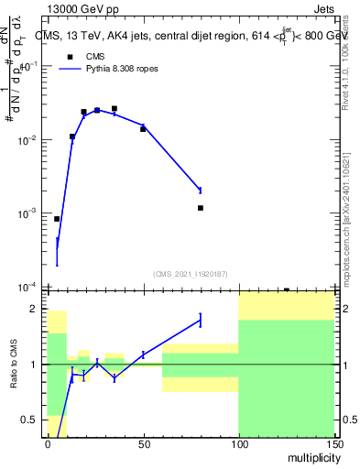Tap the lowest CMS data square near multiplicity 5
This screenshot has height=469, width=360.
pos(57,219)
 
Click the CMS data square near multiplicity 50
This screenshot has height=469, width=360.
pos(143,129)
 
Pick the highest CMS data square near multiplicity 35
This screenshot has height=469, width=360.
pos(115,108)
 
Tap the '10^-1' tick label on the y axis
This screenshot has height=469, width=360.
pos(29,67)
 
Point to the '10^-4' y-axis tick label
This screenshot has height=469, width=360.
pos(29,287)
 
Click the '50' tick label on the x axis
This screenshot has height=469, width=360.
pos(143,444)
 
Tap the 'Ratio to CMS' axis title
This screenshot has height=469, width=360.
pos(14,365)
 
